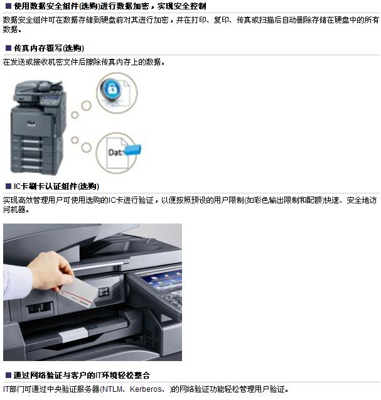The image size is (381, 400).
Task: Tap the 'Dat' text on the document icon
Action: pos(114,153)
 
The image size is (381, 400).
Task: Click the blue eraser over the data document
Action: pos(132,149)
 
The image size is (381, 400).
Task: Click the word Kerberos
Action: pos(146,389)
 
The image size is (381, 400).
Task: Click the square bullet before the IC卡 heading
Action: pos(8,186)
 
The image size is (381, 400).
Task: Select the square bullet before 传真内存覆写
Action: pos(8,48)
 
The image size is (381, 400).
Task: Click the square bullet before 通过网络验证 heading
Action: pos(8,375)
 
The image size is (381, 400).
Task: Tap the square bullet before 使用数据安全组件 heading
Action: pos(8,6)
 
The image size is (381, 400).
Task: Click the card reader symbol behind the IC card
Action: pos(104,291)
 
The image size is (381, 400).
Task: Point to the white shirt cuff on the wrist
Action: pos(17,281)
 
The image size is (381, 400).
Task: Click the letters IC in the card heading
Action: pos(17,186)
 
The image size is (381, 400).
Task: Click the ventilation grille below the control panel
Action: pos(152,337)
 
